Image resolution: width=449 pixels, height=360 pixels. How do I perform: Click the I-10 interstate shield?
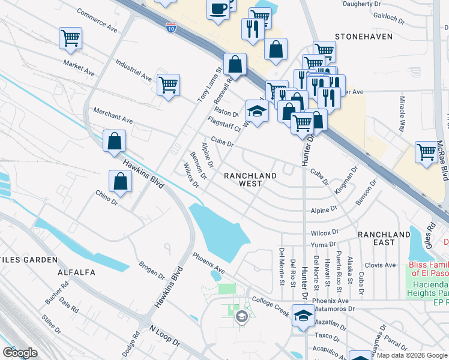pyautogui.click(x=171, y=26)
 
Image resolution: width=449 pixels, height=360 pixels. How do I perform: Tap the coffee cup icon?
pyautogui.click(x=218, y=9)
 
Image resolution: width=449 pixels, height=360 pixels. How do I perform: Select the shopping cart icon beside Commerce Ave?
pyautogui.click(x=70, y=38)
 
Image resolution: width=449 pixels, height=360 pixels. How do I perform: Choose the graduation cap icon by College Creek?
pyautogui.click(x=303, y=315)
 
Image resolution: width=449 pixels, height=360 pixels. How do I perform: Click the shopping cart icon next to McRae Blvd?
pyautogui.click(x=426, y=152)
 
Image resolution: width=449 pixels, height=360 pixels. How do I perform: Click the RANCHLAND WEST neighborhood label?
pyautogui.click(x=250, y=180)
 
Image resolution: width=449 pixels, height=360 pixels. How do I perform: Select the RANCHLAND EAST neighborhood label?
pyautogui.click(x=385, y=238)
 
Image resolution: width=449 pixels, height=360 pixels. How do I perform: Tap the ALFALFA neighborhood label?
pyautogui.click(x=76, y=272)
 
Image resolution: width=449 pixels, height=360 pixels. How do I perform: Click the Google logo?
pyautogui.click(x=20, y=352)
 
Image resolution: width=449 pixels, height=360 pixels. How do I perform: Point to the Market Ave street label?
pyautogui.click(x=79, y=67)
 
